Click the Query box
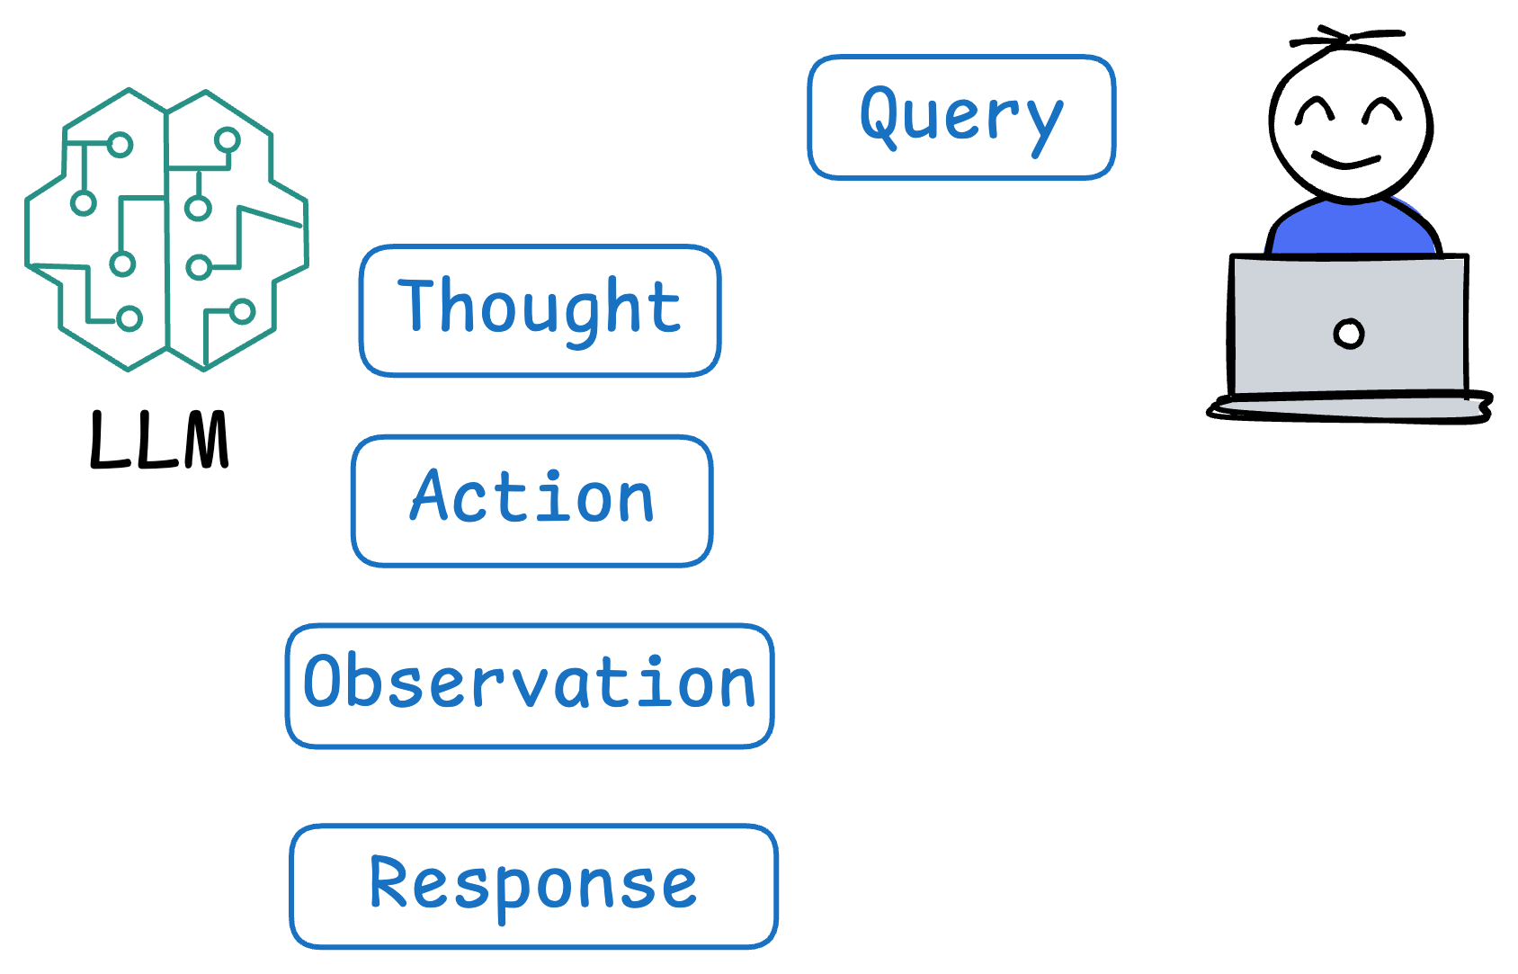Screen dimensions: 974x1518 (960, 117)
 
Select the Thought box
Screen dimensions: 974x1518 (540, 310)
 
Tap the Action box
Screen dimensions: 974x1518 (532, 501)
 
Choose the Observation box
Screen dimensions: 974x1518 (530, 685)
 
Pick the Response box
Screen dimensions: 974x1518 (533, 886)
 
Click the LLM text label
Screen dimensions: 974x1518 (160, 441)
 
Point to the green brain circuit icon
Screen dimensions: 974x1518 (167, 229)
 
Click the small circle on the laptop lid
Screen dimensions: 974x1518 (1348, 334)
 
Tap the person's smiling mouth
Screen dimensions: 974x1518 (1345, 163)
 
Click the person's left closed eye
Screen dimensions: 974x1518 (1314, 112)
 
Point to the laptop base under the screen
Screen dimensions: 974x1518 (1349, 407)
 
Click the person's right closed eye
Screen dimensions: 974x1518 (1382, 112)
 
